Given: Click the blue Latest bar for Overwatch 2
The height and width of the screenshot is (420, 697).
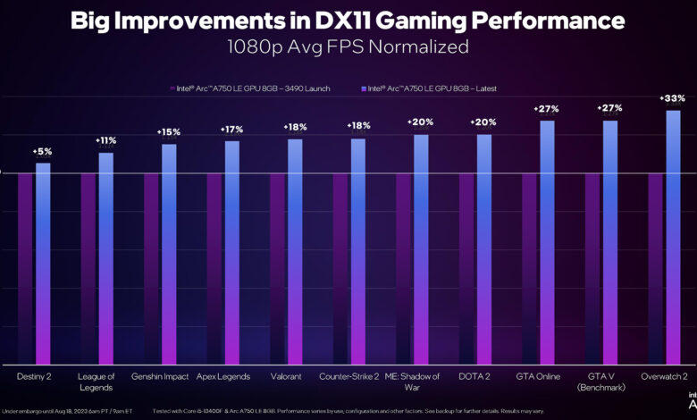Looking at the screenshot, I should [673, 237].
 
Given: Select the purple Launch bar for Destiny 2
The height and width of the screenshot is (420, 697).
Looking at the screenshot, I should [25, 268].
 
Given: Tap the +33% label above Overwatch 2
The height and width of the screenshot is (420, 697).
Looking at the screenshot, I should [673, 97].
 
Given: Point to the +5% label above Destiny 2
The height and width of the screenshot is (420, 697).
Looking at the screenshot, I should [43, 151].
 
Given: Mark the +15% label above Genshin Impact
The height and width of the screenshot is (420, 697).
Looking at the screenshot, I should [169, 131].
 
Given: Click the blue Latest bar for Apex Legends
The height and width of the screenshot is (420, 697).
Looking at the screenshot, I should [232, 252].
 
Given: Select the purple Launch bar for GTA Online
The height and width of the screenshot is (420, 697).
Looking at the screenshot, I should [529, 268].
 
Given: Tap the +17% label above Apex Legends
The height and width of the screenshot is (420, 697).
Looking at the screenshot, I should [232, 129].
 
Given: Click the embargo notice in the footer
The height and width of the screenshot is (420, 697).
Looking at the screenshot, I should [67, 410].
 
